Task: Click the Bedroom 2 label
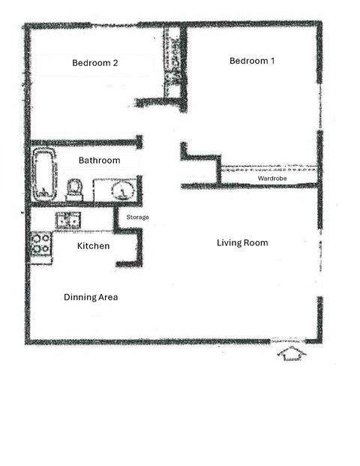[94, 63]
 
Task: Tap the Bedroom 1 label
[251, 61]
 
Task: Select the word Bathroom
[99, 161]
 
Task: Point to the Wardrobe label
[272, 179]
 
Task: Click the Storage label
[137, 218]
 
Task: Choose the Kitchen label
[93, 246]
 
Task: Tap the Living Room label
[242, 243]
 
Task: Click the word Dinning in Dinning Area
[78, 298]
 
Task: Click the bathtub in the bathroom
[44, 174]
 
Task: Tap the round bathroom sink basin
[121, 190]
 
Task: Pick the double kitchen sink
[67, 220]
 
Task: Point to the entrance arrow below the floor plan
[291, 353]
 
